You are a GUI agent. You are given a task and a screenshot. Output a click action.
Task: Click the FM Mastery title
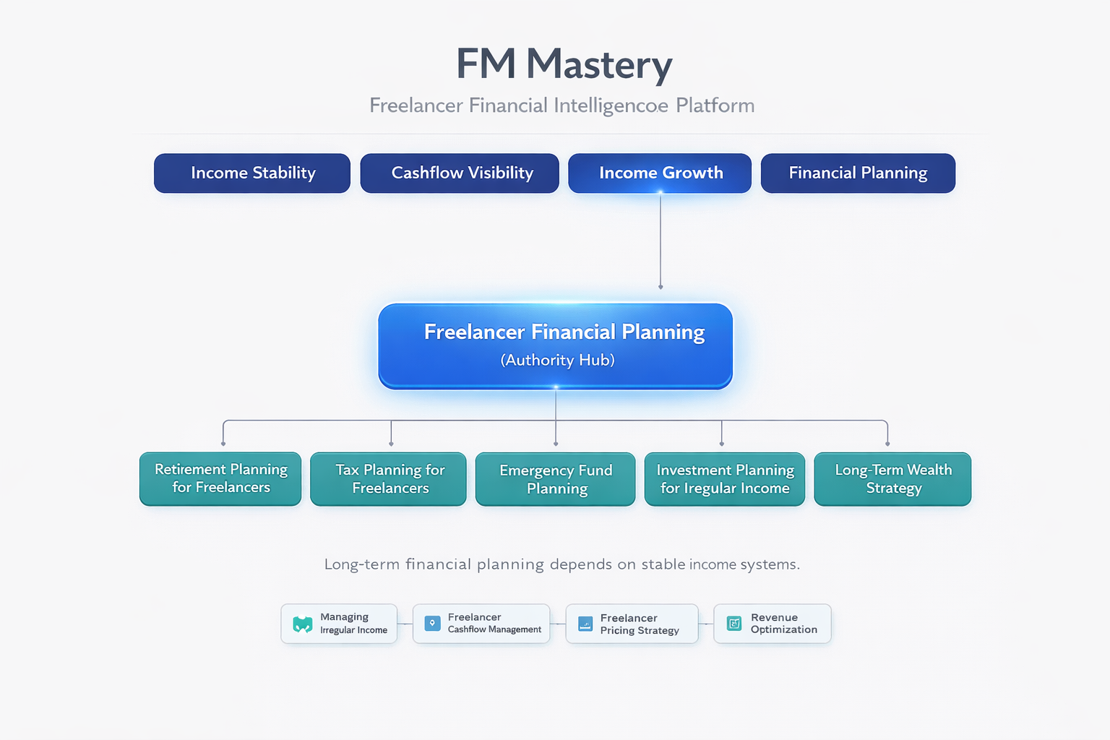click(564, 64)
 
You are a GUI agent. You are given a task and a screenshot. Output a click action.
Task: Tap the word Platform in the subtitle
click(715, 106)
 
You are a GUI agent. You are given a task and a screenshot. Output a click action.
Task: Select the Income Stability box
click(252, 173)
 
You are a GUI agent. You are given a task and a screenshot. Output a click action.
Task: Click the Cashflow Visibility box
click(460, 173)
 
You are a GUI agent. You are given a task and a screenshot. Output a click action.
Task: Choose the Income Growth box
click(660, 173)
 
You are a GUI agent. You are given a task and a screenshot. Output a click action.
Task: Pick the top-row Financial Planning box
click(858, 173)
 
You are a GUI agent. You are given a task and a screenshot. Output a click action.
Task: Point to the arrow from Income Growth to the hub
click(661, 242)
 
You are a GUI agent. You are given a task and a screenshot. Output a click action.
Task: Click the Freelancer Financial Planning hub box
click(555, 345)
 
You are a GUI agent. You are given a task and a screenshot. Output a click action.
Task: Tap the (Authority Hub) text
click(557, 360)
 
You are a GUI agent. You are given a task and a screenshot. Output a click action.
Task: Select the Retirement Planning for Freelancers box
click(220, 479)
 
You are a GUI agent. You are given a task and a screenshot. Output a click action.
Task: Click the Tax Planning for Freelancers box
click(389, 479)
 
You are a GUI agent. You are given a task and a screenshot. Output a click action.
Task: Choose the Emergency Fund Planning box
click(555, 479)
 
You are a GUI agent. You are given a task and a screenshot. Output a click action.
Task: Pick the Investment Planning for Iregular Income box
click(724, 479)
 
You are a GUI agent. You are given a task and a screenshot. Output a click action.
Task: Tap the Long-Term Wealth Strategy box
click(892, 479)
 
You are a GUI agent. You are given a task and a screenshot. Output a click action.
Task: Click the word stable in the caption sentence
click(663, 564)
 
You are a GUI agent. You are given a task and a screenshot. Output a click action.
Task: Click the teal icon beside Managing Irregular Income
click(302, 624)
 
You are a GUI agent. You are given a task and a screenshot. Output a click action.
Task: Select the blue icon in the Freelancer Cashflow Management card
click(432, 624)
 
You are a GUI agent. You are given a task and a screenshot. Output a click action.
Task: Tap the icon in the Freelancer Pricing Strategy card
click(585, 624)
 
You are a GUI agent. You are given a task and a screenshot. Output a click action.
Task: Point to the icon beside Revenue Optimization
click(734, 624)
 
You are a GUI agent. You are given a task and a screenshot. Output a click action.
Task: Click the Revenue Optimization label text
click(783, 624)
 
